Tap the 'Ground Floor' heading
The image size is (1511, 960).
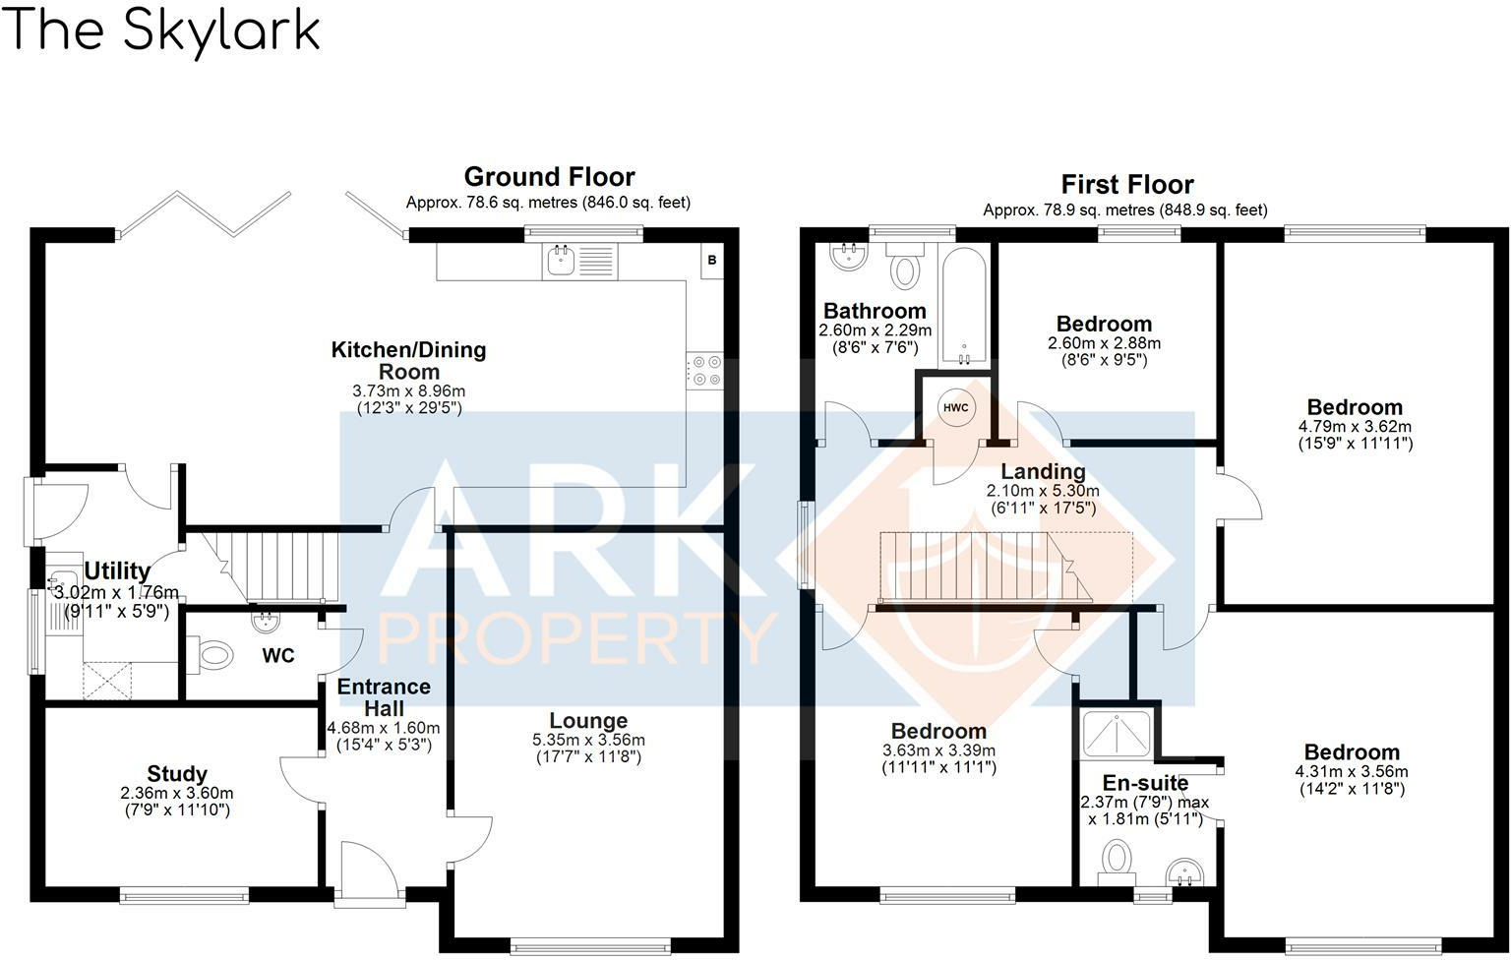click(549, 177)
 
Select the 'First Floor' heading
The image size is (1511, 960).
click(1126, 185)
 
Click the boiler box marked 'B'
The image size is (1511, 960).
click(712, 261)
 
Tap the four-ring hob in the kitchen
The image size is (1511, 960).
click(704, 370)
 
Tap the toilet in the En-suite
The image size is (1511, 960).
click(1117, 857)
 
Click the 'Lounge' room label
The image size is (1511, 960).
click(588, 721)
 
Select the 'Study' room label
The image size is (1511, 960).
click(177, 774)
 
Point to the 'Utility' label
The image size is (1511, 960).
click(117, 571)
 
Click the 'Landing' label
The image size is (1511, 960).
click(1043, 472)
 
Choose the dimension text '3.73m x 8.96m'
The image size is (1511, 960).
click(408, 391)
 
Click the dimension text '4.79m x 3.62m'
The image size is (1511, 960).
click(1355, 427)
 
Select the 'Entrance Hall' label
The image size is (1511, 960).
click(384, 697)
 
